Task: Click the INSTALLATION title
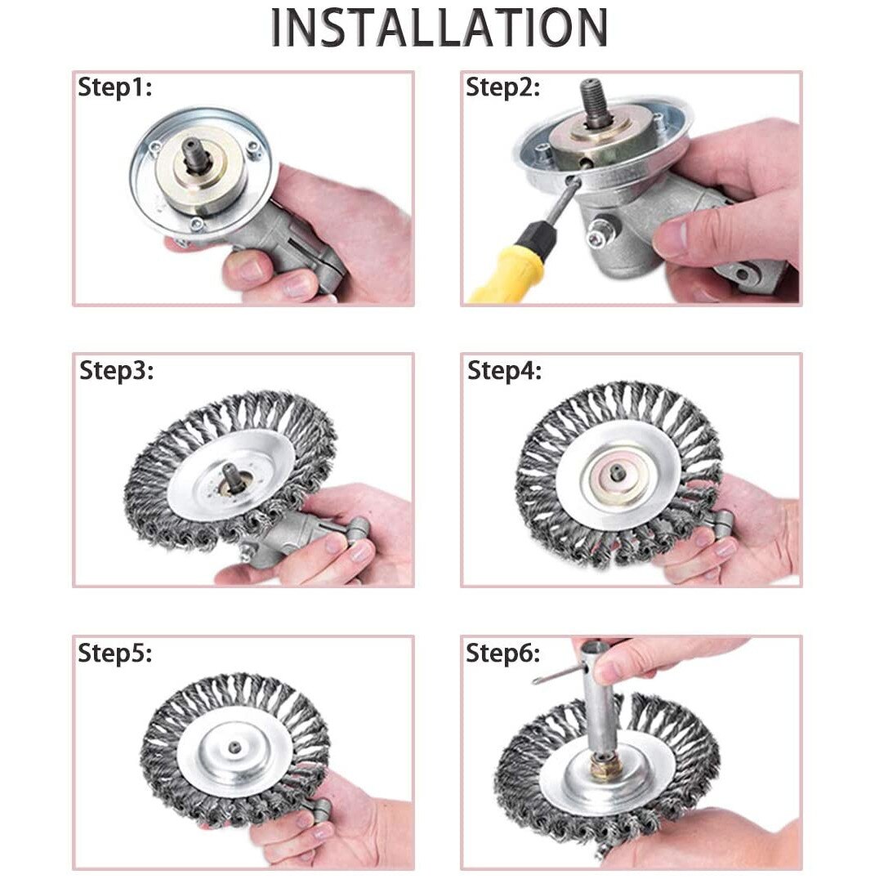tap(439, 28)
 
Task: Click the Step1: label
tap(114, 88)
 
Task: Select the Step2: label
tap(502, 88)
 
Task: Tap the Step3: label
tap(116, 370)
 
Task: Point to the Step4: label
tap(504, 370)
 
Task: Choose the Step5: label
tap(114, 653)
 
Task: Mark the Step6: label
tap(502, 653)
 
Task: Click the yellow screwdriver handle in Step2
tap(510, 274)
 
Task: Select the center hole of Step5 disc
tap(234, 747)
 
